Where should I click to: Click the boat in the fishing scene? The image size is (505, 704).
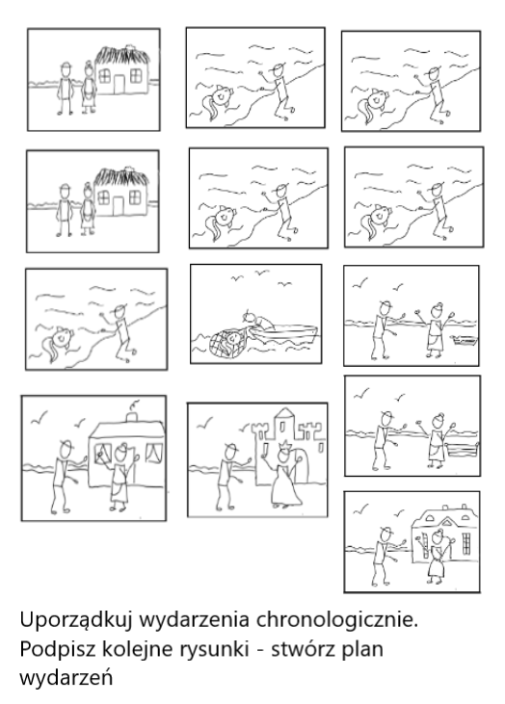pyautogui.click(x=284, y=332)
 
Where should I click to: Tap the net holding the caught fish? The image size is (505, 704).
pyautogui.click(x=229, y=343)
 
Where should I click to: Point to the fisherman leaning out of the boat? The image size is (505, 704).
pyautogui.click(x=257, y=321)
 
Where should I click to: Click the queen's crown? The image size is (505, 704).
pyautogui.click(x=282, y=445)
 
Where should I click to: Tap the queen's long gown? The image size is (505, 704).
pyautogui.click(x=285, y=484)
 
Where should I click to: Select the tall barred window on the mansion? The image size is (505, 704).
pyautogui.click(x=466, y=544)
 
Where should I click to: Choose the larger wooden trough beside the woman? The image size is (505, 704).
pyautogui.click(x=462, y=452)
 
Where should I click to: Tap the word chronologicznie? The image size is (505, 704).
pyautogui.click(x=337, y=620)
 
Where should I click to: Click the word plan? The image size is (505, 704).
pyautogui.click(x=362, y=650)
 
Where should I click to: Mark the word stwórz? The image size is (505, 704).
pyautogui.click(x=304, y=649)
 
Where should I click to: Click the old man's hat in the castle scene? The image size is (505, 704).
pyautogui.click(x=231, y=446)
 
